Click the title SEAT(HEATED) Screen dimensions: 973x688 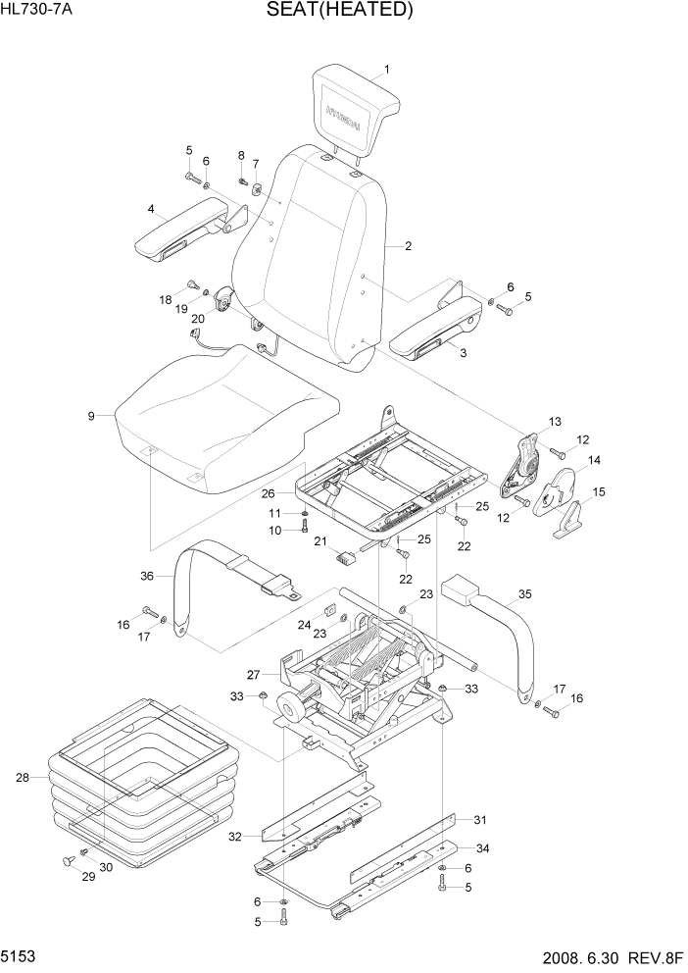click(x=338, y=11)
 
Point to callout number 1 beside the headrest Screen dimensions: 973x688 click(x=386, y=70)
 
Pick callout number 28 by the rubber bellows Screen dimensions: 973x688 click(x=24, y=778)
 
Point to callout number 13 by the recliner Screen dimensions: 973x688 click(x=555, y=422)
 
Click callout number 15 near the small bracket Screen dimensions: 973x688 click(x=598, y=491)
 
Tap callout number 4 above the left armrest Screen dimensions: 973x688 click(x=151, y=208)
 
